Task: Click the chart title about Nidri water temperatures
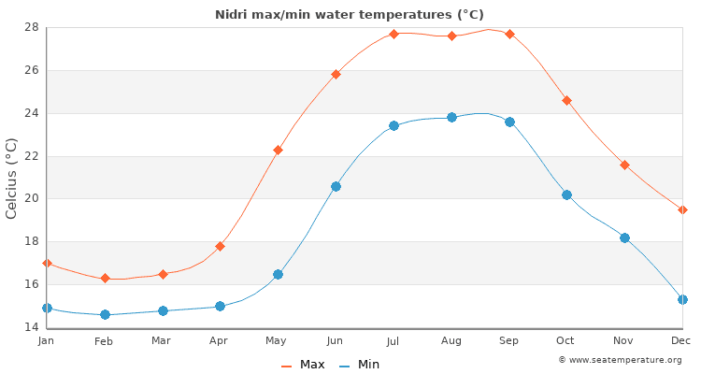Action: (350, 14)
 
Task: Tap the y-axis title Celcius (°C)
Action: (11, 178)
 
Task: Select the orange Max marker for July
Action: (393, 34)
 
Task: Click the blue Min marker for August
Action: (451, 117)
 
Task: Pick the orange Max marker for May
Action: (278, 150)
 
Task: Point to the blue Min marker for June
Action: (336, 186)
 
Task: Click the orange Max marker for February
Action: (105, 278)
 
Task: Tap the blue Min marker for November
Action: (624, 237)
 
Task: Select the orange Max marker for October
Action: (566, 100)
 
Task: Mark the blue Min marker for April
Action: (220, 306)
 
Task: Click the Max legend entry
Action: (303, 365)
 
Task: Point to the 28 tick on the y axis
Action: (31, 27)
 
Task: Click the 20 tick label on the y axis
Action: (31, 198)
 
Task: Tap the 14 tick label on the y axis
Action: (31, 327)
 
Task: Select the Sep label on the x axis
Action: (508, 341)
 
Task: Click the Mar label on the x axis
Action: (162, 341)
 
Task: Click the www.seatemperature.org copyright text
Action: (620, 360)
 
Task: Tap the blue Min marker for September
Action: (509, 122)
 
